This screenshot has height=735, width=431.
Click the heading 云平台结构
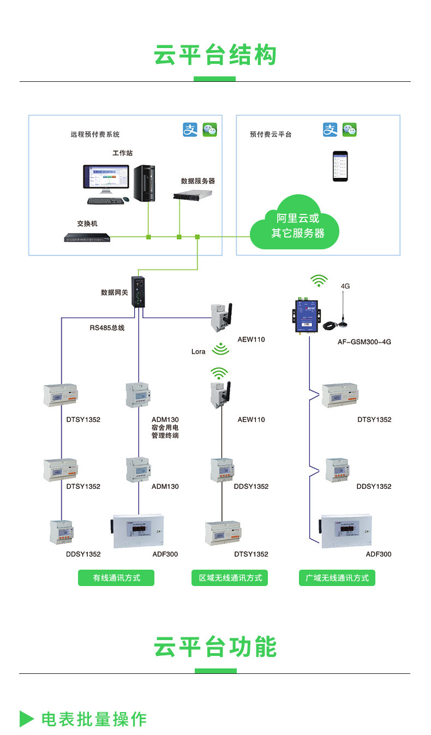coord(215,56)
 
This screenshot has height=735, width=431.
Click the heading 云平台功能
coord(215,647)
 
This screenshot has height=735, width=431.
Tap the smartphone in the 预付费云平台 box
coord(341,166)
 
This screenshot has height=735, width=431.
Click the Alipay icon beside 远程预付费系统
coord(189,129)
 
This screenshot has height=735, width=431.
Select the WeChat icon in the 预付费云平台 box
coord(349,129)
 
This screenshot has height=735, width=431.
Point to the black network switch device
coord(87,237)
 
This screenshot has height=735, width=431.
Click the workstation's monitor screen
coord(105,180)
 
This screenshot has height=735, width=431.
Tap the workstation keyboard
coord(105,201)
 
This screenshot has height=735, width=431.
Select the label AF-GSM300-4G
coord(364,342)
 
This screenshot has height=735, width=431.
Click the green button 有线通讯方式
coord(116,578)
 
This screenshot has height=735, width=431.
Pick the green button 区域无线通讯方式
coord(230,578)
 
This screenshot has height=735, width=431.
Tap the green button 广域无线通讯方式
coord(337,578)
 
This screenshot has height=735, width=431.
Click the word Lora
coord(199,351)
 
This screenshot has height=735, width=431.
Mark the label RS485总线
coord(107,328)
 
